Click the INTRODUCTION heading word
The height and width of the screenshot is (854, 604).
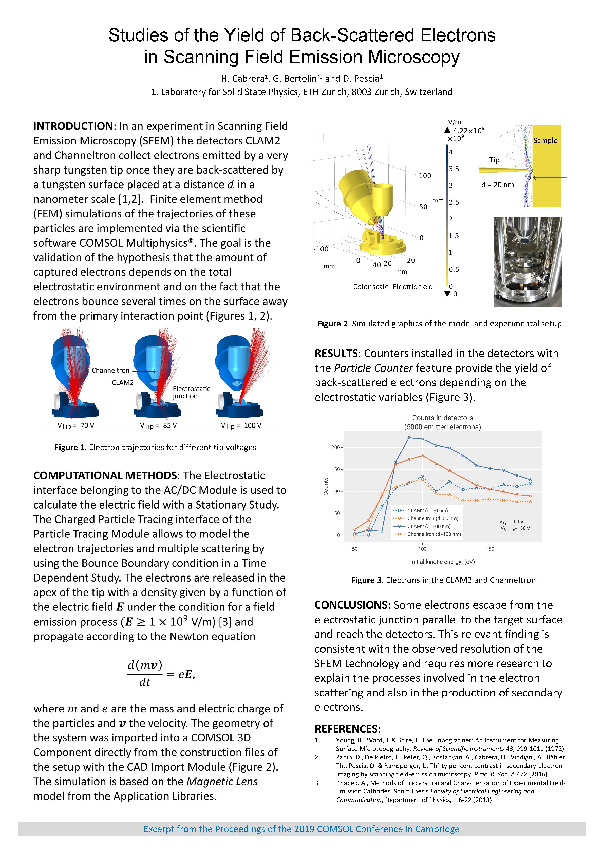tap(73, 126)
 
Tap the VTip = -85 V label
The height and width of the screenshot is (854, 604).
tap(158, 425)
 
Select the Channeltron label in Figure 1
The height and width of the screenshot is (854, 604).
tap(110, 370)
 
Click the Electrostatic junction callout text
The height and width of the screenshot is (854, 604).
tap(191, 392)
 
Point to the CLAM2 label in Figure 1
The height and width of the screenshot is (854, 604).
tap(122, 383)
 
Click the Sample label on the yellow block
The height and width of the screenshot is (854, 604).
tap(545, 141)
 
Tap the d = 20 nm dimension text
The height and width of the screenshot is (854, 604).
tap(497, 185)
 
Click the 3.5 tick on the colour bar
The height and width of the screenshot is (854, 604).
tap(454, 169)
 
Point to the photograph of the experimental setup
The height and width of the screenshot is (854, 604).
tap(527, 262)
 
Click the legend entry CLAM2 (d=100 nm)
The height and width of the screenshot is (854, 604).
tap(428, 526)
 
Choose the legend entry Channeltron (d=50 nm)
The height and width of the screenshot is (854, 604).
tap(432, 518)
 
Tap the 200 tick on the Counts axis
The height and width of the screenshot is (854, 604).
tap(335, 448)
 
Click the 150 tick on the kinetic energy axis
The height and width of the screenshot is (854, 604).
tap(490, 549)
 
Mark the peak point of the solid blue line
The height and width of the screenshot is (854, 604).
tap(409, 438)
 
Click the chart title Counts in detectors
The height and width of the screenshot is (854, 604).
tap(442, 418)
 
